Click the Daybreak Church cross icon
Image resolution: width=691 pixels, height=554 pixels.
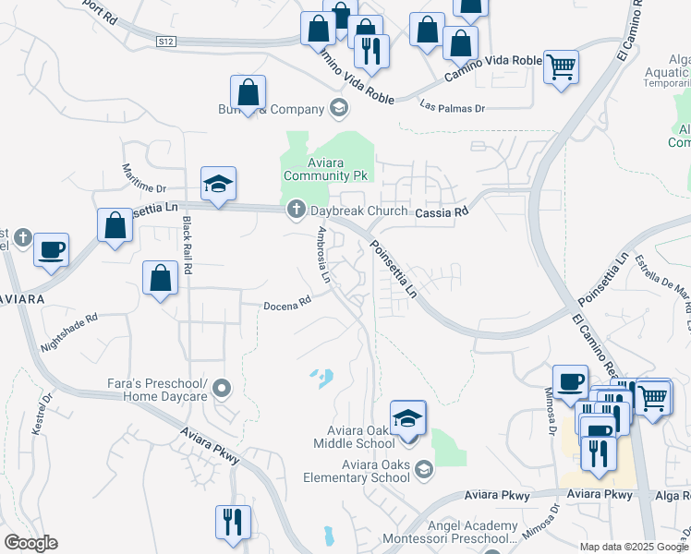coord(297,211)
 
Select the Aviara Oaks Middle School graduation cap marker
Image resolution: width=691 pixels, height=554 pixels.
coord(407,418)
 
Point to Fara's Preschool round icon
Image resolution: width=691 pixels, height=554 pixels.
coord(222,391)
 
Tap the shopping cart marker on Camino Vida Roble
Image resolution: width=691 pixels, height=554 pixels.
coord(561,67)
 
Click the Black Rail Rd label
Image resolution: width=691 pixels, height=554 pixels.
coord(188,246)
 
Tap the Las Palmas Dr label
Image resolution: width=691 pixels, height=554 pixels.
coord(452,106)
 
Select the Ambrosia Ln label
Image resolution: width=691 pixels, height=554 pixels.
coord(323,253)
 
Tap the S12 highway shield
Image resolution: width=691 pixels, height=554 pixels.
coord(165,42)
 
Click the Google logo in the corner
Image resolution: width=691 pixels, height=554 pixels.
coord(30,542)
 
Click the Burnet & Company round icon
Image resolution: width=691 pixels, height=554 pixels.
coord(339,109)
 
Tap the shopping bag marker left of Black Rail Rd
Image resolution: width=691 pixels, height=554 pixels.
coord(161,278)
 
